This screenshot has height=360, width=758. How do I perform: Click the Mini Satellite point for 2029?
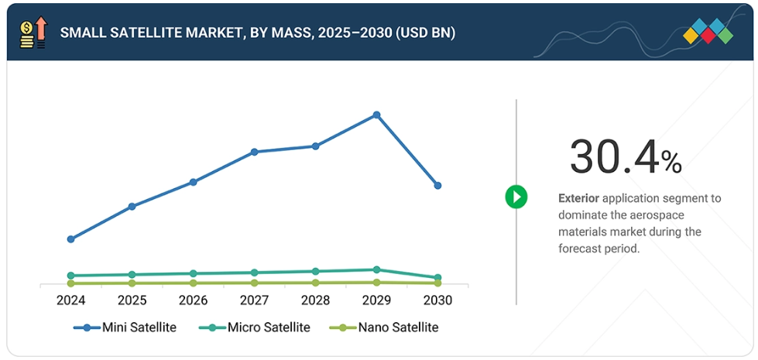coord(376,115)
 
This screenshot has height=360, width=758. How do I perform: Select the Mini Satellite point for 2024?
coord(70,239)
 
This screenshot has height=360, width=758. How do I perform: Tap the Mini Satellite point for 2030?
coord(437,186)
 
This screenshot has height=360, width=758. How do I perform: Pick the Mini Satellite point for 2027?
coord(254,152)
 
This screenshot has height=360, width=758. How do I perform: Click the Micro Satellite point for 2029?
coord(376,269)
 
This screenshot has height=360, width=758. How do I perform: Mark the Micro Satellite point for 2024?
coord(70,276)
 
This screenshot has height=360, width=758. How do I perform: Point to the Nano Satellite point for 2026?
coord(193,283)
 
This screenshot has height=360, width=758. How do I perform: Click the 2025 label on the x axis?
coord(132,300)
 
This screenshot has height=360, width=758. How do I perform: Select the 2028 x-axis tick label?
coord(315,300)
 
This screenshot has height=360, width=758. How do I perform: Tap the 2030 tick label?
coord(437,300)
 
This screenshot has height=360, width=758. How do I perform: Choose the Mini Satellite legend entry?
coord(126,327)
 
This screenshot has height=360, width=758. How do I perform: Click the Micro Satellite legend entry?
coord(256,327)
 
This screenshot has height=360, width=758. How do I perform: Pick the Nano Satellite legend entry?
coord(385,327)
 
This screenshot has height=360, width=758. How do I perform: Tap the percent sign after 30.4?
coord(671,162)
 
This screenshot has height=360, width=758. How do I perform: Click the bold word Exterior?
coord(578,198)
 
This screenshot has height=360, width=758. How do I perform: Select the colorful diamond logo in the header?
coord(708,32)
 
